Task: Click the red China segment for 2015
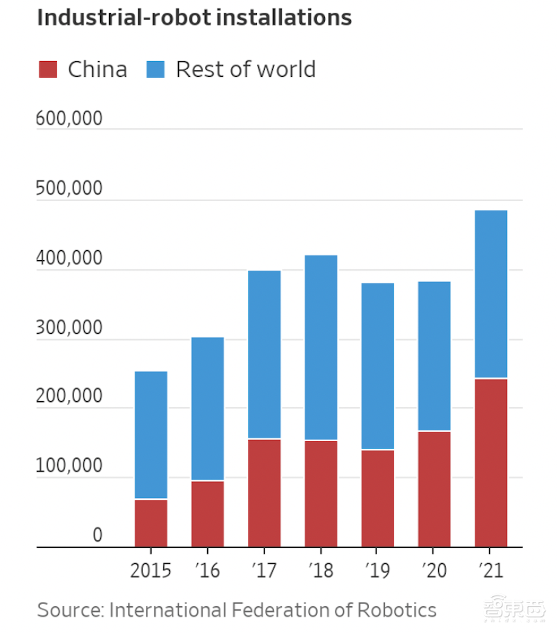(151, 523)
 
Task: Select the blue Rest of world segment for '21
(491, 294)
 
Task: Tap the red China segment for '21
(491, 462)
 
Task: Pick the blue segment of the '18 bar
(321, 348)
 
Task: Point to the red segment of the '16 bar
(208, 513)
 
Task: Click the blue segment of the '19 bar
(378, 366)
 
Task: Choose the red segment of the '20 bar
(434, 489)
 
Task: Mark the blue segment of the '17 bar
(264, 354)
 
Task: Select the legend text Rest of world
(246, 70)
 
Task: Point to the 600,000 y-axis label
(70, 119)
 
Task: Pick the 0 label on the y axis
(97, 535)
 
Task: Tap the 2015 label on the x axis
(151, 571)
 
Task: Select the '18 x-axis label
(321, 571)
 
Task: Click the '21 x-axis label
(491, 571)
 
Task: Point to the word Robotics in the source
(397, 610)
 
